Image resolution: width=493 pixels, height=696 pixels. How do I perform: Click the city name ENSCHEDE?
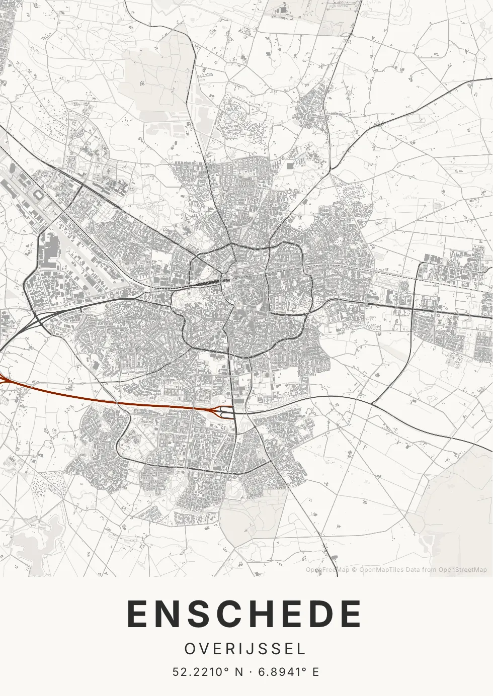pyautogui.click(x=244, y=614)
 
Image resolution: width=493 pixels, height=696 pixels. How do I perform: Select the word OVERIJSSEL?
pyautogui.click(x=245, y=649)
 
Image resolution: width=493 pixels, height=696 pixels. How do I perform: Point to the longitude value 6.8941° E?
pyautogui.click(x=288, y=672)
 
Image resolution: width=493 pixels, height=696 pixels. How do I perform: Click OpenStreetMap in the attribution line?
pyautogui.click(x=462, y=570)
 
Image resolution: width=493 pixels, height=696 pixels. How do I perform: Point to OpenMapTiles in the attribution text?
pyautogui.click(x=381, y=570)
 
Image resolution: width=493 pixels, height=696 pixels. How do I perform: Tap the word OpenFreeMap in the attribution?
pyautogui.click(x=327, y=570)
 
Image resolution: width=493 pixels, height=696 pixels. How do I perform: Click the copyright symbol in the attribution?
pyautogui.click(x=354, y=570)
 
